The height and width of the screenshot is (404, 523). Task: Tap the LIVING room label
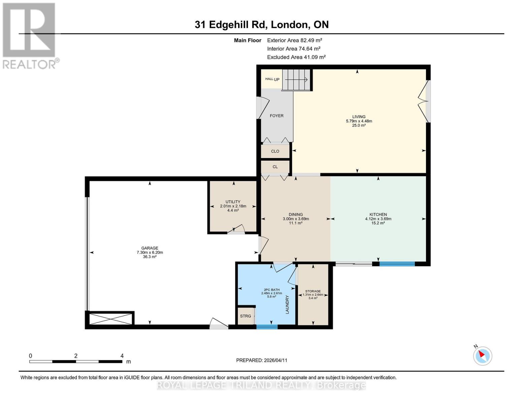click(x=359, y=117)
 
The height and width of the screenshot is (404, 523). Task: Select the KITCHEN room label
click(x=378, y=214)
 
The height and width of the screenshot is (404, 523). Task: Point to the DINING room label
click(x=295, y=214)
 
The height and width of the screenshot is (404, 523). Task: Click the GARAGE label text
click(x=150, y=248)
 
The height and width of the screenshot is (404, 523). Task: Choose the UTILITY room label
click(x=233, y=202)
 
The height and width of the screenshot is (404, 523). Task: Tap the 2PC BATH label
click(x=271, y=290)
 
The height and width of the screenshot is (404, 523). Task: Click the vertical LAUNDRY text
click(x=287, y=304)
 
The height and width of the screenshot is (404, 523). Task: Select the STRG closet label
click(x=245, y=316)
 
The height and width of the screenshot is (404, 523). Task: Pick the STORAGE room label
click(x=313, y=291)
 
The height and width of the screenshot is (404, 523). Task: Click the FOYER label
click(x=276, y=116)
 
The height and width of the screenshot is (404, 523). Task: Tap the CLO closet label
click(x=275, y=151)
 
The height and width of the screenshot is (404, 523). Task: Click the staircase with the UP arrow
click(x=296, y=80)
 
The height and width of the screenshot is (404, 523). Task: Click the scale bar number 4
click(x=122, y=356)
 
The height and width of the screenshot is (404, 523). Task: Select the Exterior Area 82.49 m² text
click(x=294, y=40)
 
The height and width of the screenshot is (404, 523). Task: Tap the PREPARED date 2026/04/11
click(x=261, y=360)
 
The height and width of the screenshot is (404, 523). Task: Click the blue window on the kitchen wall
click(x=397, y=264)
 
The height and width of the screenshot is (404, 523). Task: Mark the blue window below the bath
click(x=267, y=327)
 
